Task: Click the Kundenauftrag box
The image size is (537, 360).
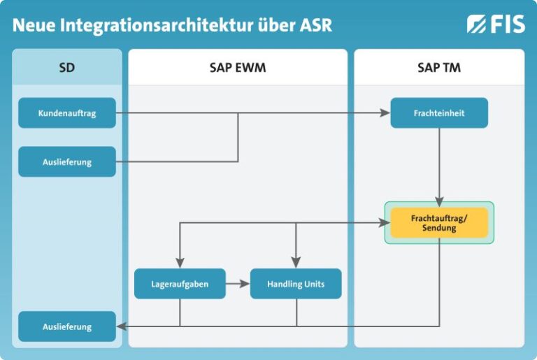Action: (x=67, y=113)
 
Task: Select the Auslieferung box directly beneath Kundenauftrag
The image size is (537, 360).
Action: (x=67, y=161)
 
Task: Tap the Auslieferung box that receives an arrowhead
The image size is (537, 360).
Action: (x=67, y=326)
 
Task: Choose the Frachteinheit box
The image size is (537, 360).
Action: (x=439, y=113)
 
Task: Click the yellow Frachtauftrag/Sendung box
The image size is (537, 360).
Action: (x=439, y=223)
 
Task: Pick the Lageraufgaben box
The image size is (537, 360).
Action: (x=180, y=284)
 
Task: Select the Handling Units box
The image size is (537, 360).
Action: (x=296, y=284)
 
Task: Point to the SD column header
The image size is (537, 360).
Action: (x=67, y=68)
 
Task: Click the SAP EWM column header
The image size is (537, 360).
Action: (x=238, y=68)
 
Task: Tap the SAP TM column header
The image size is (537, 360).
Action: (x=439, y=68)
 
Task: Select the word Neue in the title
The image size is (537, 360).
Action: (x=34, y=26)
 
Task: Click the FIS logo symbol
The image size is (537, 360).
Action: (x=477, y=24)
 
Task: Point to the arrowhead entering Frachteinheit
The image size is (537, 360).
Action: (x=385, y=113)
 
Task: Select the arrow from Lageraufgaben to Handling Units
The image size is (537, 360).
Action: (x=238, y=284)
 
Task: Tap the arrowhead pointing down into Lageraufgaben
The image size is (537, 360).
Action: (x=180, y=264)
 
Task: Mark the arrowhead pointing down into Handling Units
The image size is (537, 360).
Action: (x=296, y=264)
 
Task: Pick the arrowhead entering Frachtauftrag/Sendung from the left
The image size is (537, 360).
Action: (x=384, y=223)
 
